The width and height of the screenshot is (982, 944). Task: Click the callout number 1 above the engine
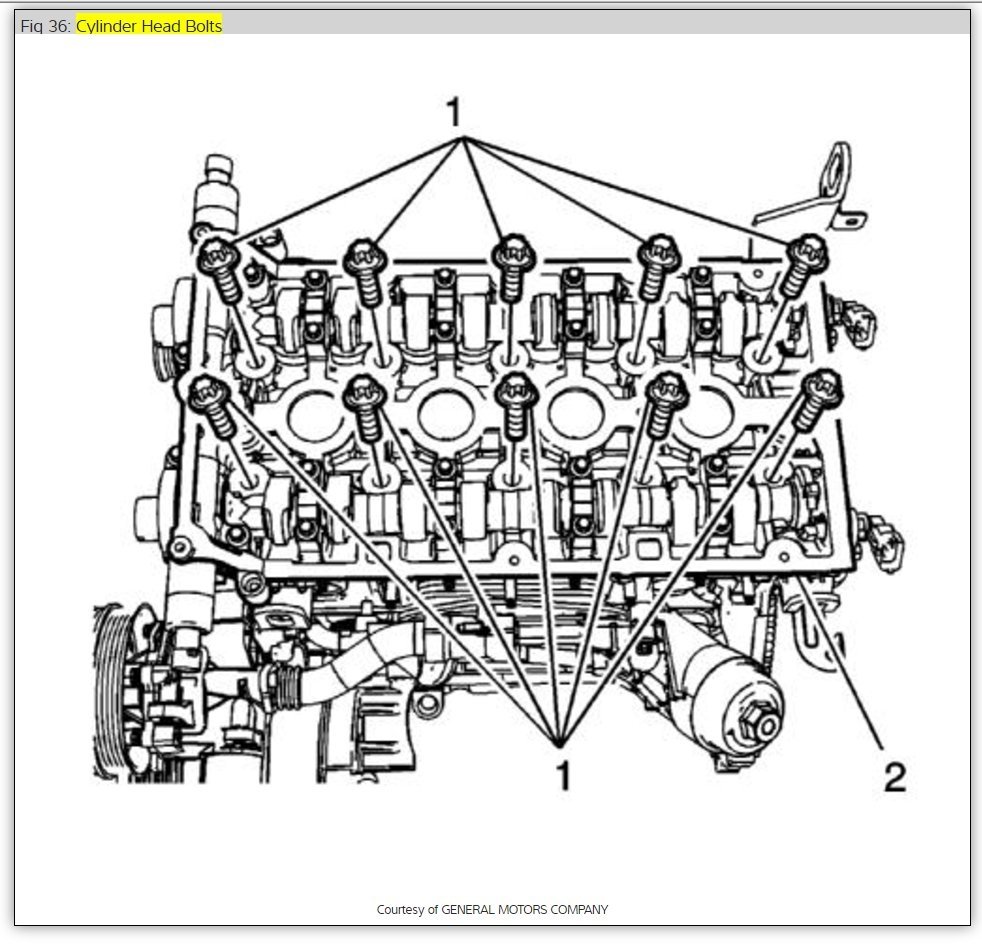(x=454, y=113)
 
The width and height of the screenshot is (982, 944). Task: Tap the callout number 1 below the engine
(x=563, y=775)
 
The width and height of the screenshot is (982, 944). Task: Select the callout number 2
(x=894, y=775)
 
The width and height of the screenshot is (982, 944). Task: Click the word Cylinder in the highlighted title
(x=105, y=26)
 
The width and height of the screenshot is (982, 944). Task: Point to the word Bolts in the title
(x=200, y=26)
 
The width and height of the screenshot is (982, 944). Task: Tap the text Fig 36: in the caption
(x=45, y=26)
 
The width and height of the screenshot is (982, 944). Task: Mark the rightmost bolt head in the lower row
(x=822, y=386)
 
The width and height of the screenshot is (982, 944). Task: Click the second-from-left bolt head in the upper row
(x=362, y=255)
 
